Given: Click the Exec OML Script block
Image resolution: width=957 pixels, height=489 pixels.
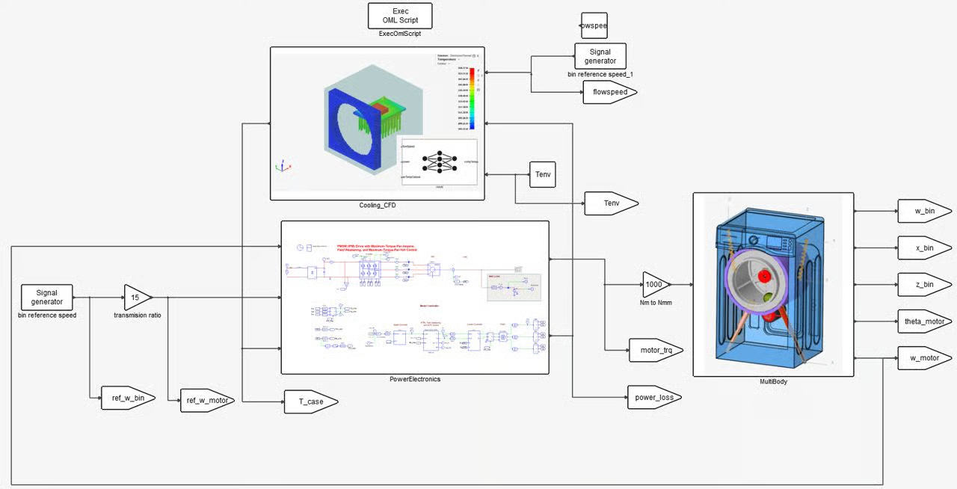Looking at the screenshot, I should (x=400, y=16).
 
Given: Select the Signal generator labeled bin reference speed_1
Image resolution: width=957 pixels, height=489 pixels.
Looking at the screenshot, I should (x=600, y=56).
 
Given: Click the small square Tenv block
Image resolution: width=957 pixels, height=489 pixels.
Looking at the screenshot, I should (x=543, y=174).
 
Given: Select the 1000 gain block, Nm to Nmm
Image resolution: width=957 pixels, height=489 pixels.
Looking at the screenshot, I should (x=655, y=284).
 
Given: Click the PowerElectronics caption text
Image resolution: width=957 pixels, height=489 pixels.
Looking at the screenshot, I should (x=415, y=379).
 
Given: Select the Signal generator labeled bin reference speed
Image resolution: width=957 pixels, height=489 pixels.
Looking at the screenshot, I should (x=46, y=297).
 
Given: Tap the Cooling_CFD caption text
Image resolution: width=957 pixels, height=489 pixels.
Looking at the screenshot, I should (x=378, y=205).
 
